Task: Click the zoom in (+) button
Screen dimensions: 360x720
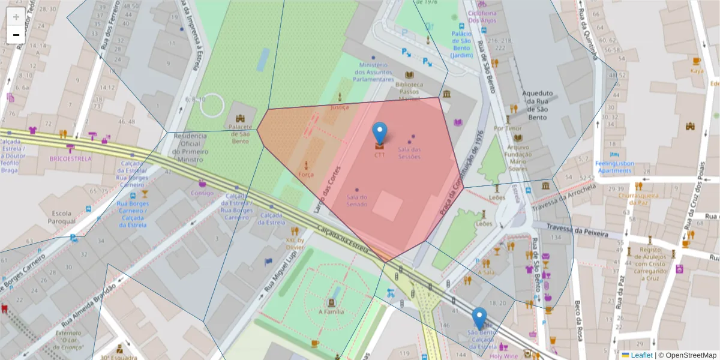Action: [x=16, y=17]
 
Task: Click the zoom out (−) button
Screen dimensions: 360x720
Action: [x=16, y=35]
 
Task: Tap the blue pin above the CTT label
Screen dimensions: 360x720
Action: [x=379, y=133]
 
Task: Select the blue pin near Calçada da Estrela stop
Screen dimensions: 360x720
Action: [x=479, y=318]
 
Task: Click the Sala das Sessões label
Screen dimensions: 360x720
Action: [x=409, y=153]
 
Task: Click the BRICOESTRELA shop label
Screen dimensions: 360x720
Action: [x=71, y=159]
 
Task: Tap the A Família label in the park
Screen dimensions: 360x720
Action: [x=331, y=311]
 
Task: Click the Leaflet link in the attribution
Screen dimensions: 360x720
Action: [x=641, y=355]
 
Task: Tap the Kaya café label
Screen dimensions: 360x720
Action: [x=697, y=71]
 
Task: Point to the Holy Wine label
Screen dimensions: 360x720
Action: [x=503, y=356]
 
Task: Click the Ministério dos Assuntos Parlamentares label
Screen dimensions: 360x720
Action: [x=373, y=72]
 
